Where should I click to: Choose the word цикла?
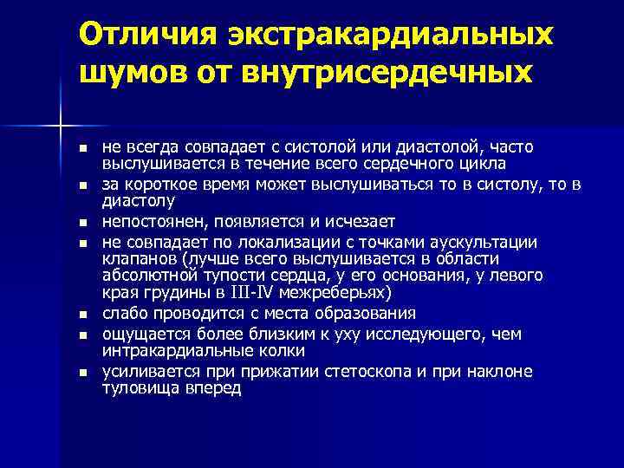point(484,163)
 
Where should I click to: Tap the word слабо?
point(121,313)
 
